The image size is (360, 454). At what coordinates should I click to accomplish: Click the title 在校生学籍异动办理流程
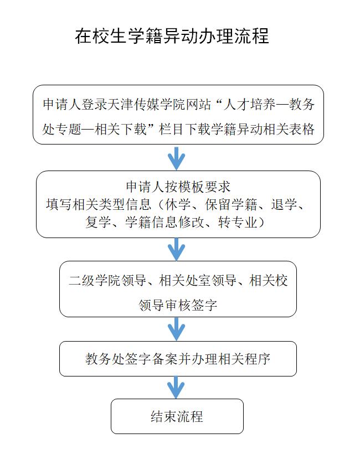point(172,36)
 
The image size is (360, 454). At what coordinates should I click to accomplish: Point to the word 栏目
point(171,129)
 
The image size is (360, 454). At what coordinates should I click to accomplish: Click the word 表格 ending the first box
point(302,129)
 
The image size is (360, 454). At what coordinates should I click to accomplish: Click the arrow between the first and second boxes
point(176,158)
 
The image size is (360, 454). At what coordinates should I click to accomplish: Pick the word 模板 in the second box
point(191,187)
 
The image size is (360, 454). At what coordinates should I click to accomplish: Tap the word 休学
point(178,204)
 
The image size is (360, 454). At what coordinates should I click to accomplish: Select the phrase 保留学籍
point(231,204)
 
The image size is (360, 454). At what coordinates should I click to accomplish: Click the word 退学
point(284,204)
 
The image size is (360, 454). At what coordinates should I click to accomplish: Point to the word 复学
point(98,222)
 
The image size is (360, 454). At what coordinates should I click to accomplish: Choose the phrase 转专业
point(238,222)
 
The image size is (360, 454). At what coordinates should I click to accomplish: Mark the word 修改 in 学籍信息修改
point(191,222)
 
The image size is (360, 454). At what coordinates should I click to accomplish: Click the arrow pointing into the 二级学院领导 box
point(176,249)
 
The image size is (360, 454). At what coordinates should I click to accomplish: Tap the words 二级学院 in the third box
point(94,280)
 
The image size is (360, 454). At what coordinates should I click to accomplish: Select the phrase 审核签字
point(191,305)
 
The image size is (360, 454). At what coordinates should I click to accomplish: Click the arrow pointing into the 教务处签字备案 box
point(176,329)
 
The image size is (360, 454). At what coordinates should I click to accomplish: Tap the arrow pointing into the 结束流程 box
point(176,387)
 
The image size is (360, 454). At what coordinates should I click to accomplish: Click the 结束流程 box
point(177,416)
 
